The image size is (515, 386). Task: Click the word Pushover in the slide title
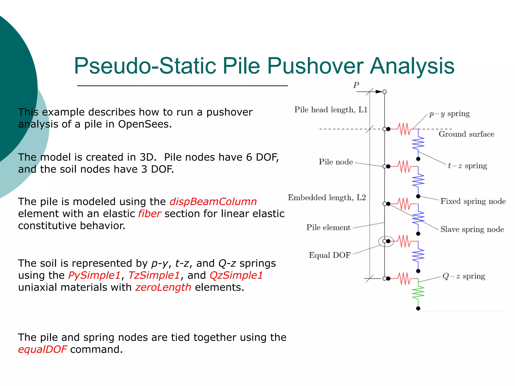coord(315,66)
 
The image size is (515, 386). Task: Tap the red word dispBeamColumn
coord(213,202)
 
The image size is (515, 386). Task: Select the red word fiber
coord(149,214)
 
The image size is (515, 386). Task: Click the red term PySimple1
coord(94,275)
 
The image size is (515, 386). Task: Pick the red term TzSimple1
coord(154,275)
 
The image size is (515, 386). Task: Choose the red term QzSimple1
coord(236,275)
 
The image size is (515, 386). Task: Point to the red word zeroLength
coord(163,287)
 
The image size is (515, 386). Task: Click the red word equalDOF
coord(42,349)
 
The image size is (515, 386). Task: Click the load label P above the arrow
coord(356,85)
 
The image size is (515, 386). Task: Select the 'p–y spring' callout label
coord(449,114)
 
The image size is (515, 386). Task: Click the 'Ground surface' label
coord(466,134)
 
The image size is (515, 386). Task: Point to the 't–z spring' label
coord(467,166)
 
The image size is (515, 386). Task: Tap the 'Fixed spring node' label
coord(473,201)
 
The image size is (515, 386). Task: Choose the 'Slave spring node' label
coord(472,229)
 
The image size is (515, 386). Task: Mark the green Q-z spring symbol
coord(418,293)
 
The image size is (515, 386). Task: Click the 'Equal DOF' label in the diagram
coord(330,255)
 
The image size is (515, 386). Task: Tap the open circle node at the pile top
coord(384,92)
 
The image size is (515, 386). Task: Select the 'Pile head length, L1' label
coord(331,110)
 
